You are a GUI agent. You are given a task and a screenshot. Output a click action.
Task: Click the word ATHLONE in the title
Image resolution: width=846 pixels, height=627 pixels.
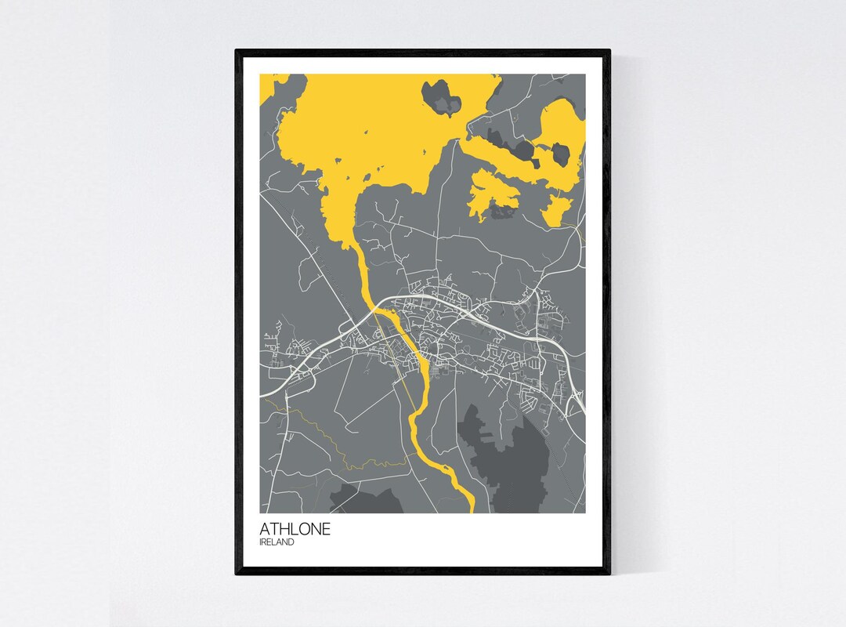pyautogui.click(x=295, y=529)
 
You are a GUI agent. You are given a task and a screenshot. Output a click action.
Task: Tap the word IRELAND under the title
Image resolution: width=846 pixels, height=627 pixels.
pyautogui.click(x=277, y=542)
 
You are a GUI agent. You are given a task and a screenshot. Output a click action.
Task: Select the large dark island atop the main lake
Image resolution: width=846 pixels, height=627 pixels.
pyautogui.click(x=443, y=96)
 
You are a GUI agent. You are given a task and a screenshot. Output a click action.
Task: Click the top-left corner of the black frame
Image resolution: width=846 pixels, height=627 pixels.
pyautogui.click(x=237, y=52)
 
